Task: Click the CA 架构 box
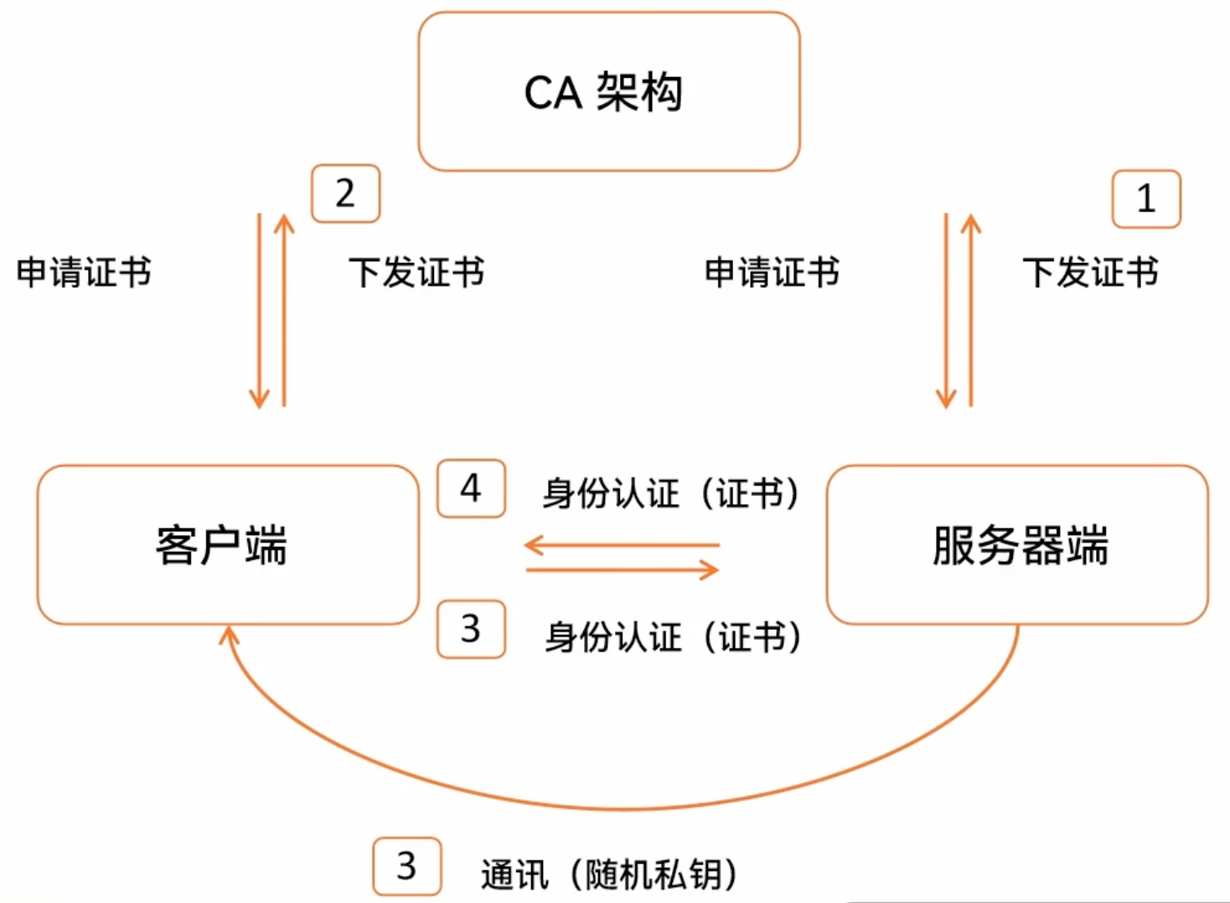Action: (x=609, y=91)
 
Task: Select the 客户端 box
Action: (x=227, y=544)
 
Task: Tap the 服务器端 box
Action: (x=1017, y=544)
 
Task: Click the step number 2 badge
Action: (x=345, y=193)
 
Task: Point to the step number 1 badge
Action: (x=1145, y=199)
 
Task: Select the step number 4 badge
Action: (x=471, y=488)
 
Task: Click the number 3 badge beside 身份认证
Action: (x=471, y=629)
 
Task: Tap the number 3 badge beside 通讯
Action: (x=406, y=866)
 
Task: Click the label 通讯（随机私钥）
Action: (x=609, y=875)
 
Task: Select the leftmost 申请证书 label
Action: (x=84, y=272)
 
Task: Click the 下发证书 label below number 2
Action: (x=416, y=272)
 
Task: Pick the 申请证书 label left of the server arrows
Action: (x=772, y=272)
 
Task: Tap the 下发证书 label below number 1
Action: (x=1090, y=272)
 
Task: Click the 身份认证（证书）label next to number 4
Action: (x=670, y=493)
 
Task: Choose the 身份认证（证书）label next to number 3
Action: (x=673, y=637)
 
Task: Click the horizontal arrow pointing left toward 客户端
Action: (x=622, y=545)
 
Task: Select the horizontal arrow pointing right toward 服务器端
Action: (x=622, y=570)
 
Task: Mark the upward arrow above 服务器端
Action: (x=971, y=310)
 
